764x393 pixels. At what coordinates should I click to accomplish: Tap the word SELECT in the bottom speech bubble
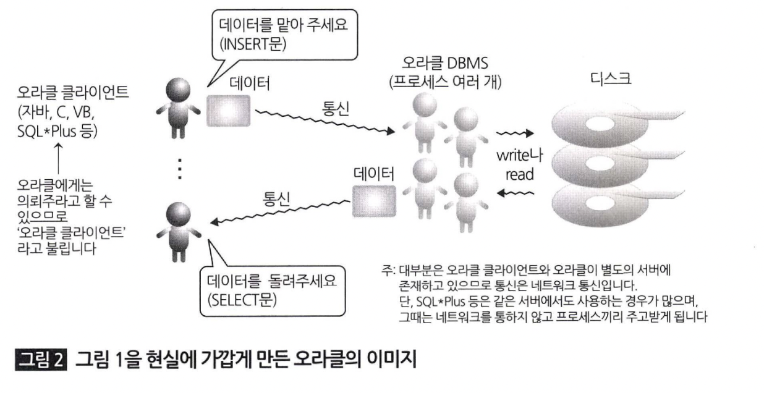pos(237,302)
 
